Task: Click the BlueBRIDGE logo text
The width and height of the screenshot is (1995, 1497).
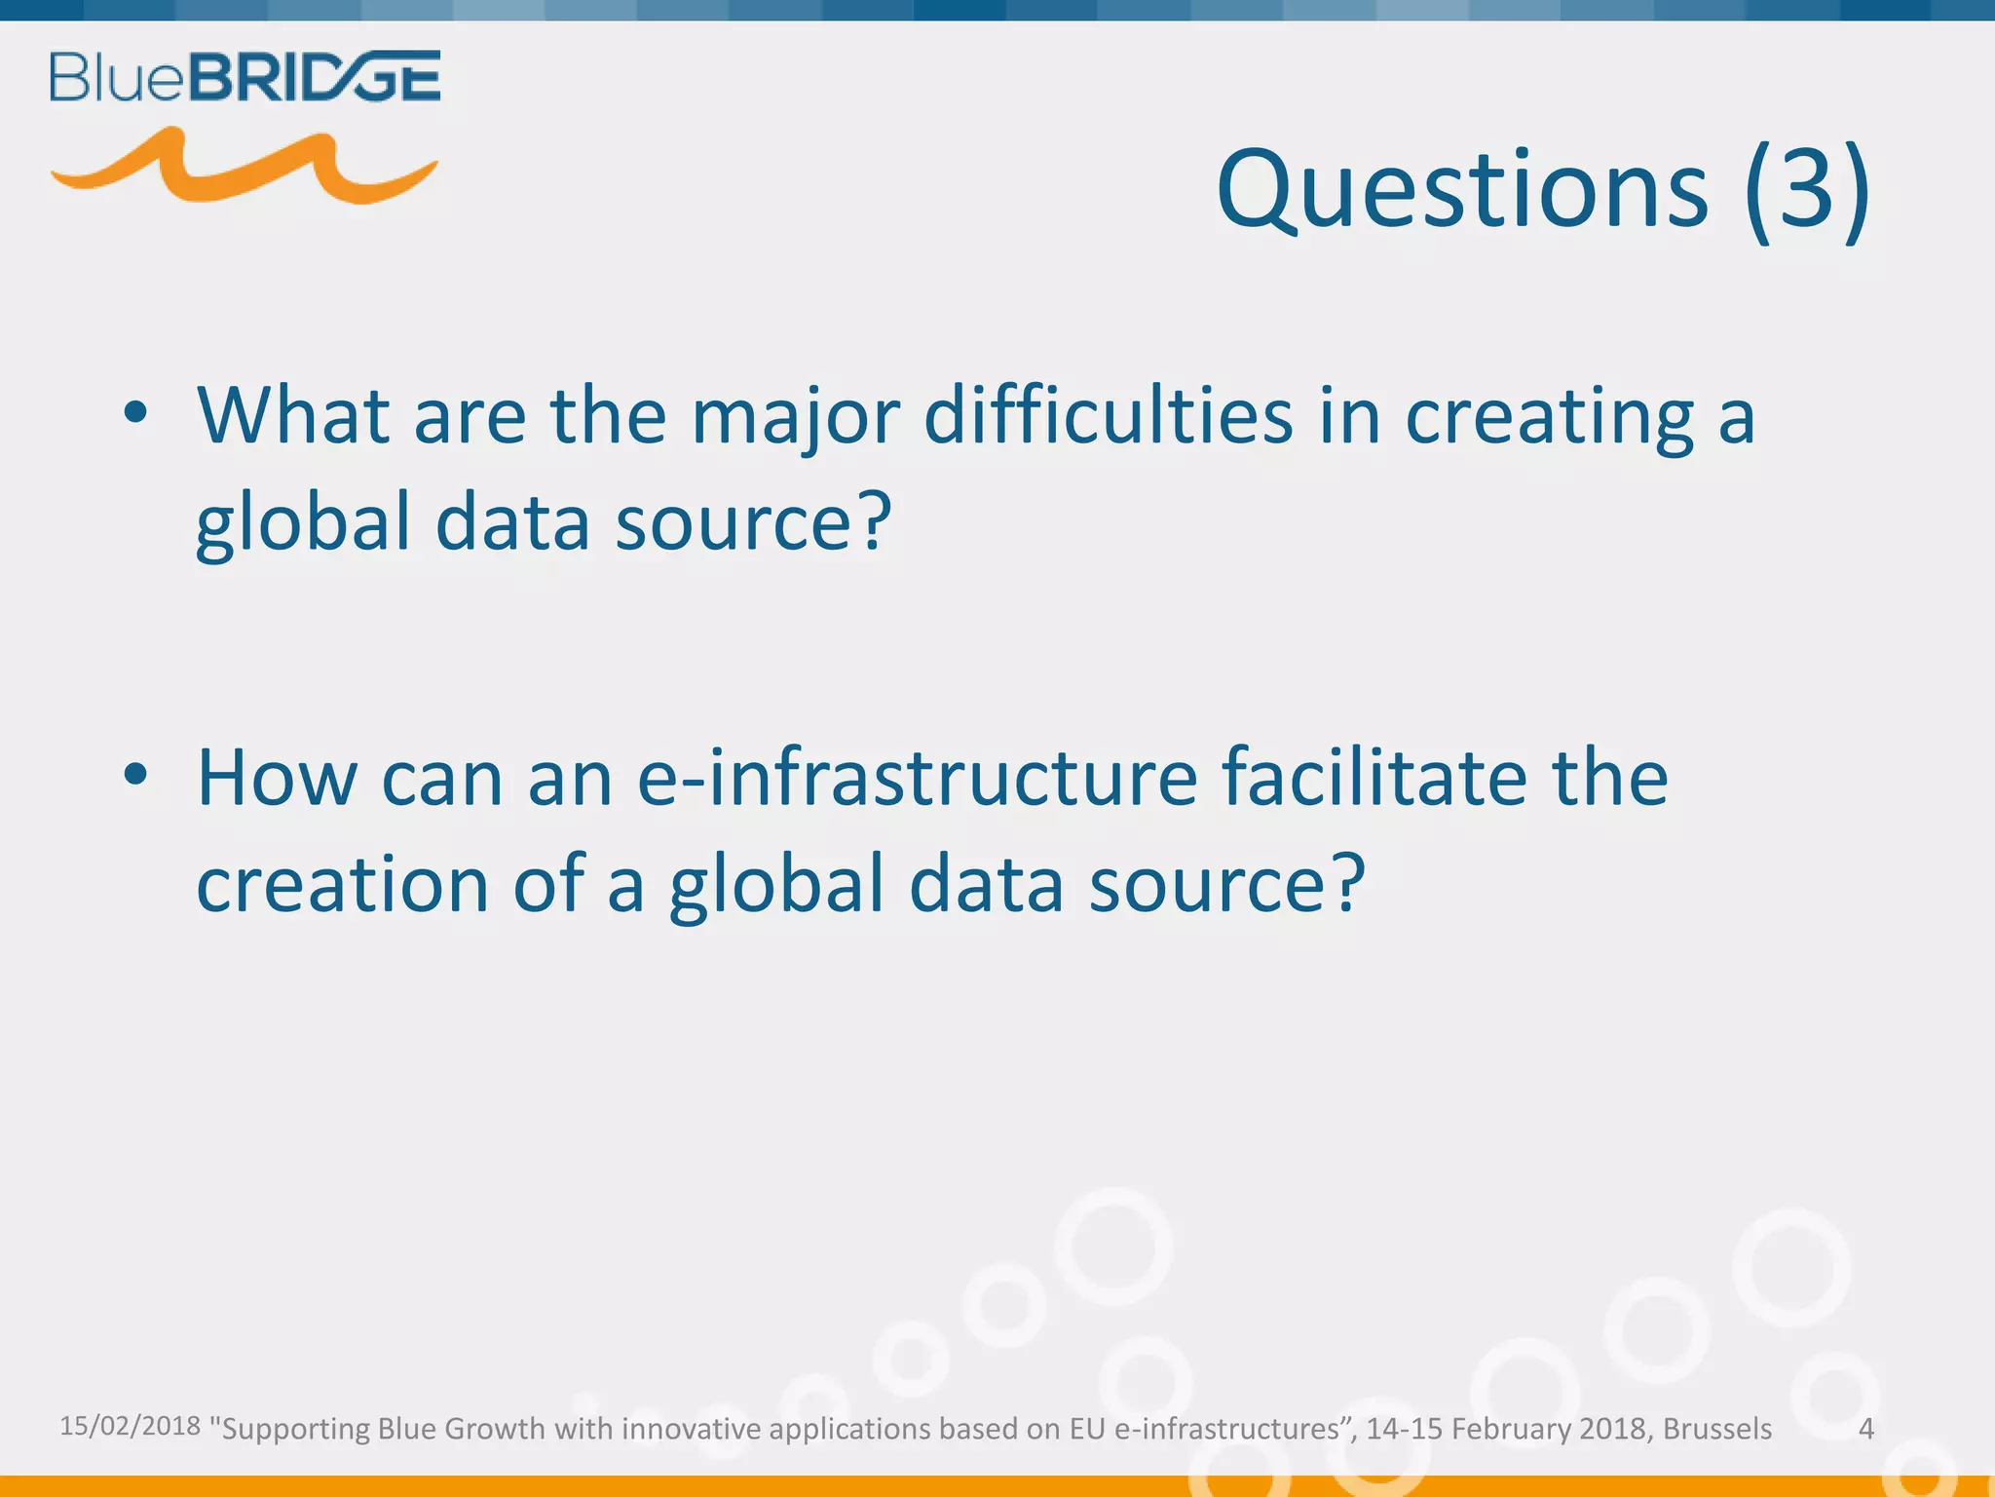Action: tap(245, 77)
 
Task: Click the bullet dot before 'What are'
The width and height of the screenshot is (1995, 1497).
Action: tap(135, 413)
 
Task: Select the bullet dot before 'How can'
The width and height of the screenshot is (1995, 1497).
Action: tap(135, 775)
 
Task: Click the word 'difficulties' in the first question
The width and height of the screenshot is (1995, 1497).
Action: tap(1109, 415)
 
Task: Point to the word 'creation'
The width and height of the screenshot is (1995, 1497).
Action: tap(342, 884)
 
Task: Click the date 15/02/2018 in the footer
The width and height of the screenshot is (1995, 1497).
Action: tap(130, 1426)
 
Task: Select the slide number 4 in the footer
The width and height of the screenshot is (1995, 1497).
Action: tap(1866, 1429)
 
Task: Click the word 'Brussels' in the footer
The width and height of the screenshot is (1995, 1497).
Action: tap(1717, 1429)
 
